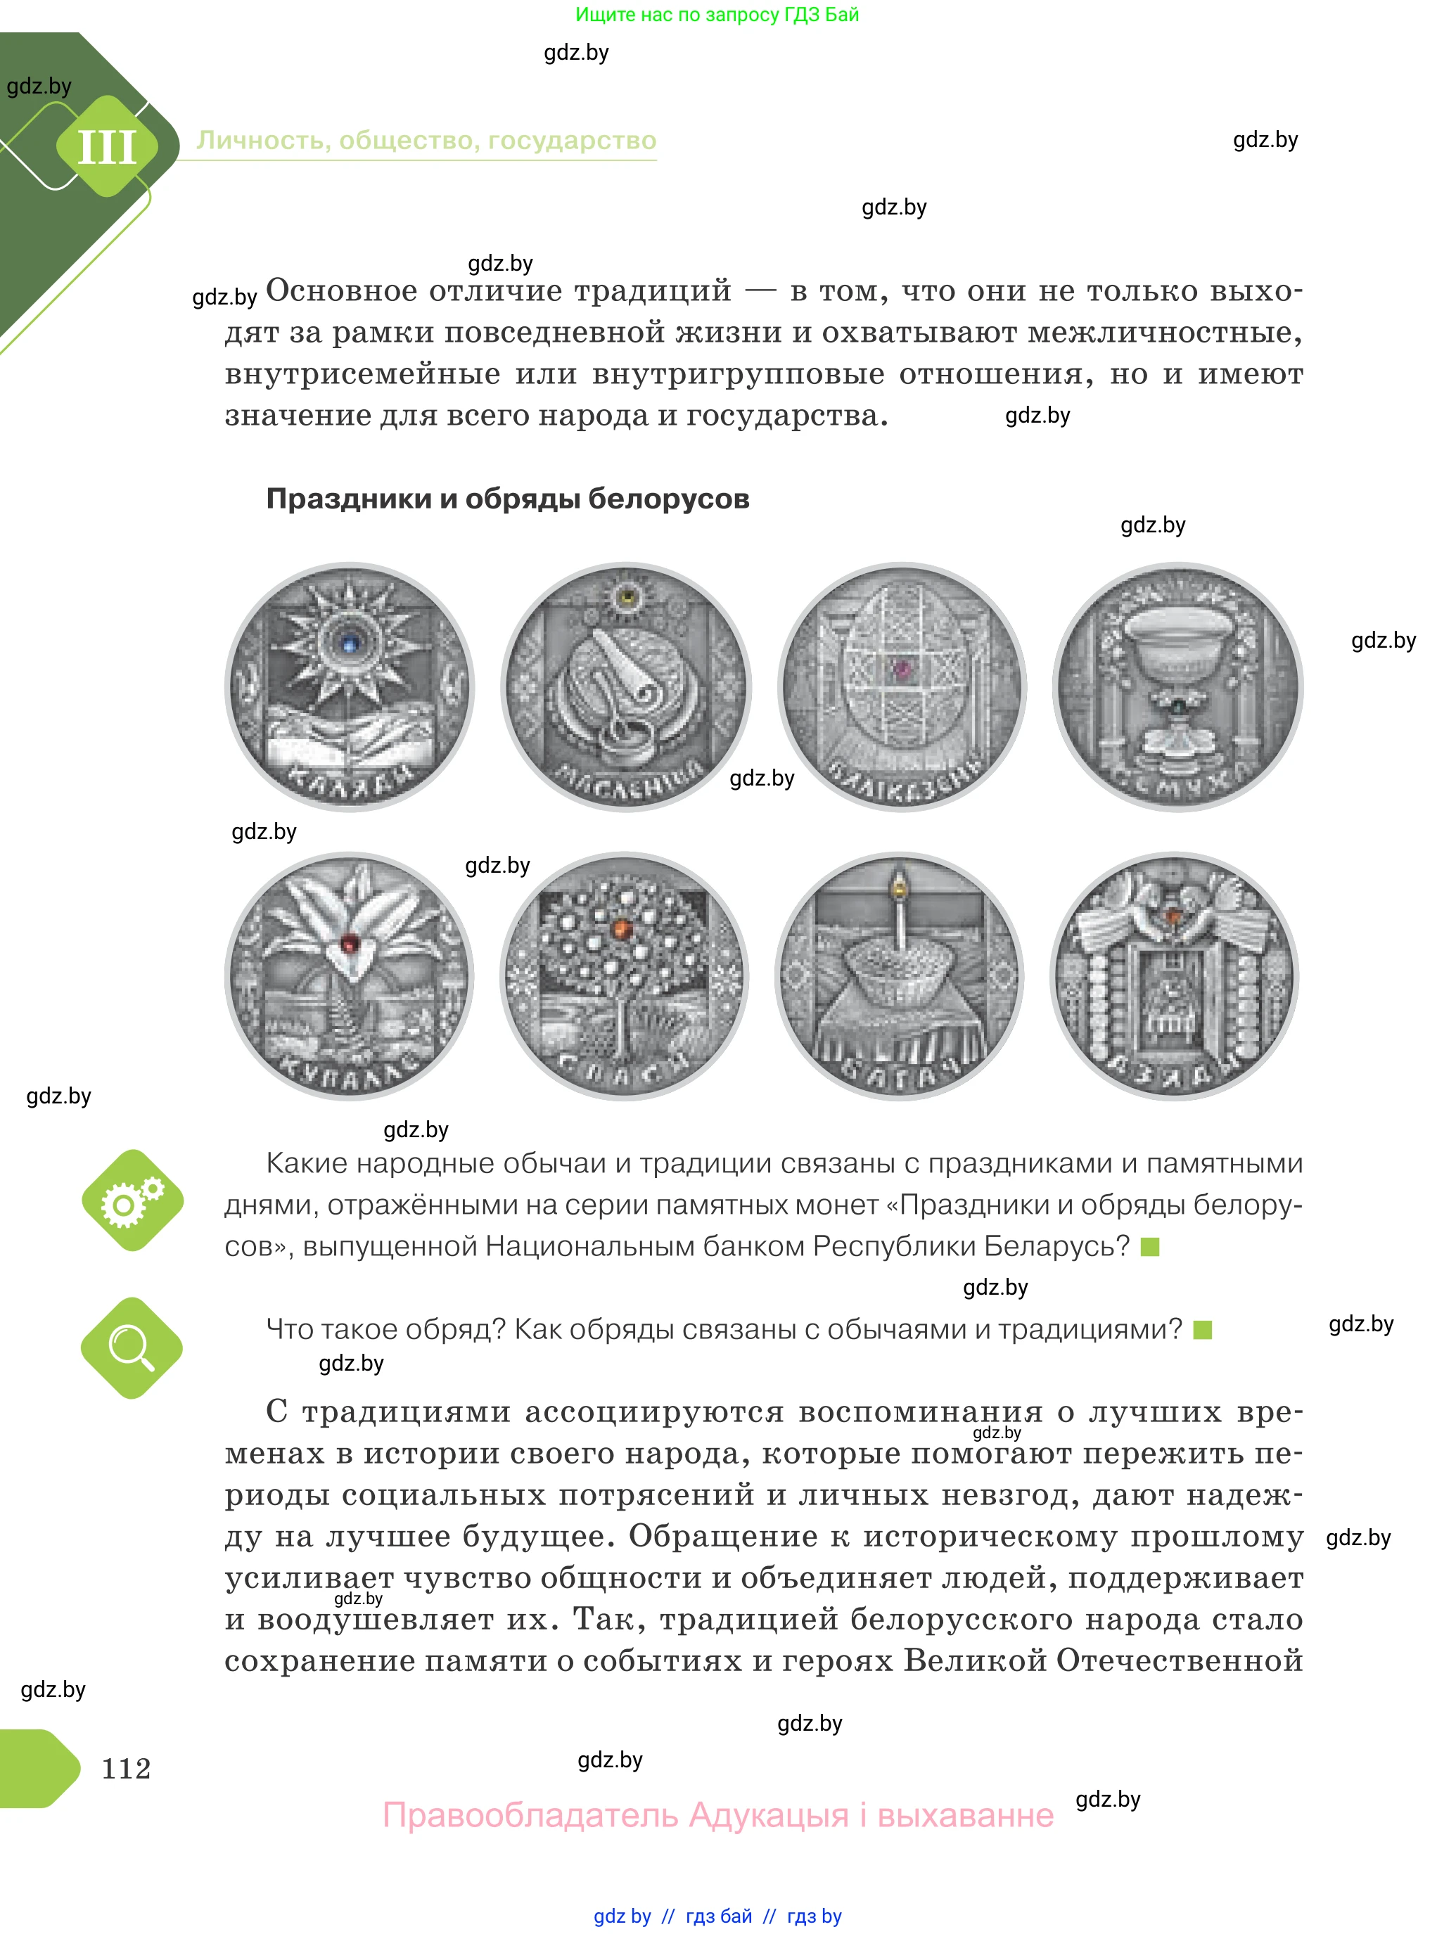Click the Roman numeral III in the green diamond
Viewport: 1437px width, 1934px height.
pyautogui.click(x=107, y=147)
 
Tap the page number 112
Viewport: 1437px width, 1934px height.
pyautogui.click(x=126, y=1768)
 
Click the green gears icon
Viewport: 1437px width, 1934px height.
pyautogui.click(x=132, y=1201)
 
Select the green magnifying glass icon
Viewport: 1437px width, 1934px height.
pyautogui.click(x=132, y=1349)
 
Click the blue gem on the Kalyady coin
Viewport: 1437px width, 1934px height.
pyautogui.click(x=350, y=644)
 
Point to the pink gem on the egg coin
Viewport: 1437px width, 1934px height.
pyautogui.click(x=902, y=668)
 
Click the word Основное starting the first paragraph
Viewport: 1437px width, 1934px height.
pyautogui.click(x=341, y=290)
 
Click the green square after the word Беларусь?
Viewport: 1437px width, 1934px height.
pyautogui.click(x=1150, y=1247)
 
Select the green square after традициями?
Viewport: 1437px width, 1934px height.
pyautogui.click(x=1202, y=1330)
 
